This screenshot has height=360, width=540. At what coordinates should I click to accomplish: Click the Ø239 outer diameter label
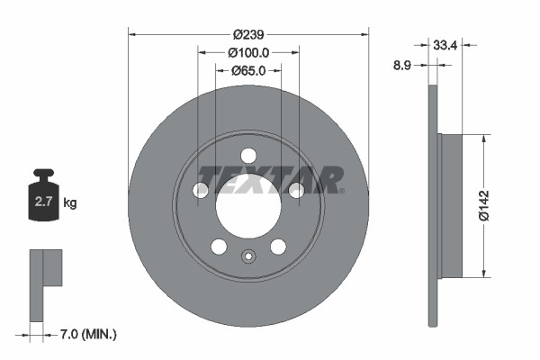[x=248, y=34]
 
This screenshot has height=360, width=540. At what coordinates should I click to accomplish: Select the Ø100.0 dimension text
[x=247, y=52]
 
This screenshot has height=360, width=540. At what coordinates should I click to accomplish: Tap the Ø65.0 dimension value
[x=247, y=70]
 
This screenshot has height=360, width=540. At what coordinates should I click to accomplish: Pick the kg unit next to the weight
[x=70, y=202]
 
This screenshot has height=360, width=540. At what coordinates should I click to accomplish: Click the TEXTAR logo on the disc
[x=270, y=179]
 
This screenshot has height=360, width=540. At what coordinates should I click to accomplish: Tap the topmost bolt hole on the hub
[x=248, y=155]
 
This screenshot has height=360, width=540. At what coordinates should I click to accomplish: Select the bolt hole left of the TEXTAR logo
[x=201, y=189]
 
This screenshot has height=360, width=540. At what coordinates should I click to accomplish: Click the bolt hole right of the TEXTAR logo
[x=296, y=189]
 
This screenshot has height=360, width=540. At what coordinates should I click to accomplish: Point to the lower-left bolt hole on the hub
[x=219, y=247]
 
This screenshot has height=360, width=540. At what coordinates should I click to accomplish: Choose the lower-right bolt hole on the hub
[x=278, y=247]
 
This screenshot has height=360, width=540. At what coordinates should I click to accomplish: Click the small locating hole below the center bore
[x=248, y=256]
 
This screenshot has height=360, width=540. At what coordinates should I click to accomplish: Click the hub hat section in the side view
[x=450, y=206]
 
